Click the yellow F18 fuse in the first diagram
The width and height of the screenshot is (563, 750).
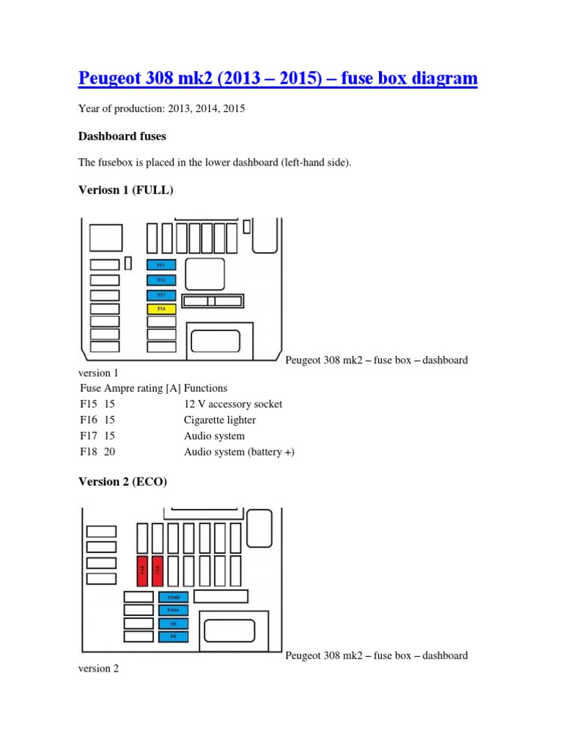tap(161, 309)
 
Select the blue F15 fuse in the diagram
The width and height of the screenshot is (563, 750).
tap(161, 264)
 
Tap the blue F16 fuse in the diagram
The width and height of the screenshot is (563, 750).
tap(161, 280)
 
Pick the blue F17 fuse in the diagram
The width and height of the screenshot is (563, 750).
tap(161, 294)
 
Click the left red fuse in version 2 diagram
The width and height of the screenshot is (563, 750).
tap(142, 571)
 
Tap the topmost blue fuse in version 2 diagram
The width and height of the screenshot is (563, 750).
tap(173, 597)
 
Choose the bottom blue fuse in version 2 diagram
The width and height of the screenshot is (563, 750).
tap(173, 636)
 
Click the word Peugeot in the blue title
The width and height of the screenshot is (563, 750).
tap(112, 78)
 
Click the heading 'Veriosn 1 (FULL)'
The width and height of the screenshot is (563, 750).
tap(125, 190)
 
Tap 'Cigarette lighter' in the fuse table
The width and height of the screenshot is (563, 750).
tap(220, 420)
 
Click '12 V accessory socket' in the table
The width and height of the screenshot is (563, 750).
tap(233, 404)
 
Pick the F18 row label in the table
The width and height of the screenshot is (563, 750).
tap(88, 452)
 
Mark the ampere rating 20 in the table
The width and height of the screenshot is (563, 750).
tap(110, 452)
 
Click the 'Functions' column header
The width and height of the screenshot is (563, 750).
tap(206, 388)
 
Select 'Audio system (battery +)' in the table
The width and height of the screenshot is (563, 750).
tap(239, 452)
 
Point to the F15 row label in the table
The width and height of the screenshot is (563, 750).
tap(88, 404)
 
